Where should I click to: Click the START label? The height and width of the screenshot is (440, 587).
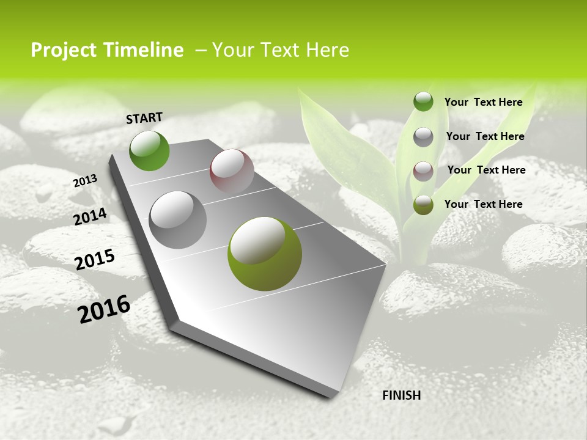(x=144, y=118)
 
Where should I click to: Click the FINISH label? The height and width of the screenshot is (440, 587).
(x=401, y=395)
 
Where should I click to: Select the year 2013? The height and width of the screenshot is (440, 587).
(x=85, y=180)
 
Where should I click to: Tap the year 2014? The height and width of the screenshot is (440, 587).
(x=90, y=216)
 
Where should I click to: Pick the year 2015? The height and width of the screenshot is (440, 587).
(x=94, y=260)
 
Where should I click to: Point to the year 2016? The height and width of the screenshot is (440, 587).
(x=104, y=309)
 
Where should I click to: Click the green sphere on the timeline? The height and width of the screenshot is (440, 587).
(x=149, y=150)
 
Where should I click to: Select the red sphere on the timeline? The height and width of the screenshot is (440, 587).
(x=232, y=170)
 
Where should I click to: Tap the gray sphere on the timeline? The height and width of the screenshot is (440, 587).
(x=177, y=219)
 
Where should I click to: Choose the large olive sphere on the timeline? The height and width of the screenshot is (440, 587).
(x=265, y=254)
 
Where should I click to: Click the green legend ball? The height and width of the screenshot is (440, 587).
(x=423, y=101)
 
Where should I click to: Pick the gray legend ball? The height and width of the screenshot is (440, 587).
(x=423, y=137)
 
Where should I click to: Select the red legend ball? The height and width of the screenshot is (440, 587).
(x=423, y=171)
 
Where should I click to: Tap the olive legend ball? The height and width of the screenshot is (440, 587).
(x=423, y=205)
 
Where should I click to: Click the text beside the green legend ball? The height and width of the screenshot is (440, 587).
(x=483, y=102)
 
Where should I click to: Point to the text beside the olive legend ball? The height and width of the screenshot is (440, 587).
(x=483, y=204)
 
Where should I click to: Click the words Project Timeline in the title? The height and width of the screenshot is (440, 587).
(x=107, y=50)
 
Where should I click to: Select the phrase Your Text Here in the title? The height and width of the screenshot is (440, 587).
(x=281, y=50)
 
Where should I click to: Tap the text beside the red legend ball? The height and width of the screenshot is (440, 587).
(x=486, y=170)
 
